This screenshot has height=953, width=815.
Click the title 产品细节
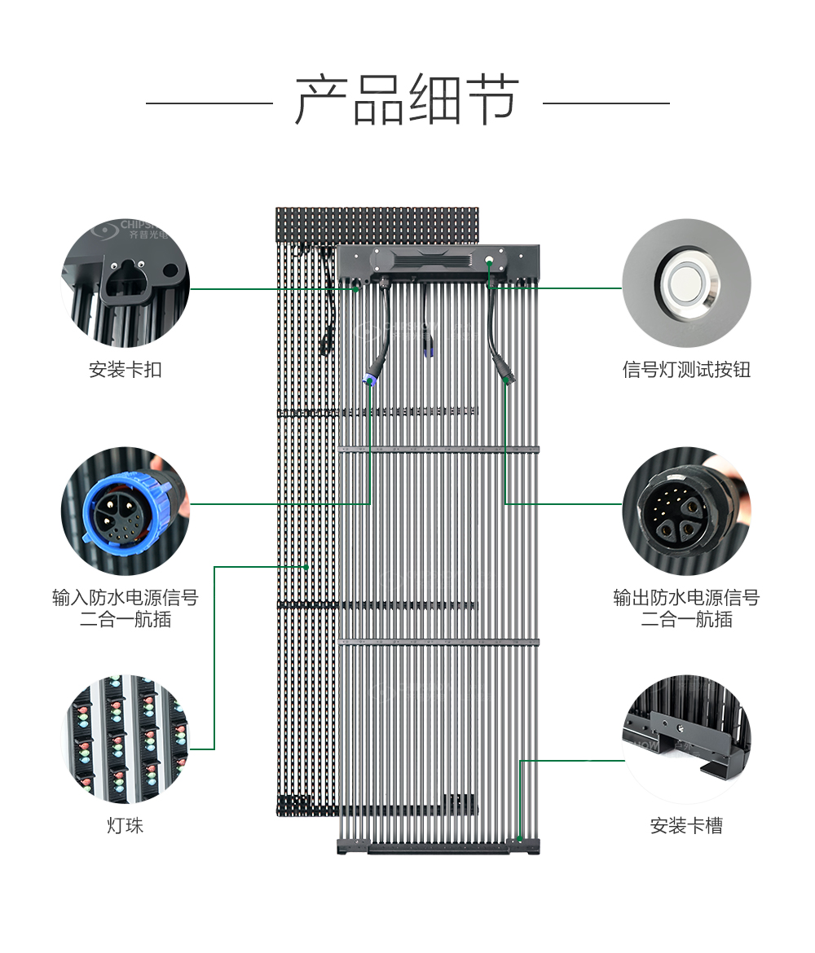pyautogui.click(x=407, y=102)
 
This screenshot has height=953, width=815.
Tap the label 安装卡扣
pyautogui.click(x=126, y=370)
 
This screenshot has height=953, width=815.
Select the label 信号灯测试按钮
pyautogui.click(x=686, y=370)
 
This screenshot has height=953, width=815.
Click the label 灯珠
pyautogui.click(x=126, y=826)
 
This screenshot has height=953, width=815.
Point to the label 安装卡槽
pyautogui.click(x=686, y=826)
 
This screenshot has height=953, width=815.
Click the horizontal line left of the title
pyautogui.click(x=209, y=103)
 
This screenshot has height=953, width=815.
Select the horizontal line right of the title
pyautogui.click(x=606, y=103)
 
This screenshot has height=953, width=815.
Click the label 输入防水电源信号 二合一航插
pyautogui.click(x=126, y=608)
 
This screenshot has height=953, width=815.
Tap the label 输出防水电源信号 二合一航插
pyautogui.click(x=686, y=608)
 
